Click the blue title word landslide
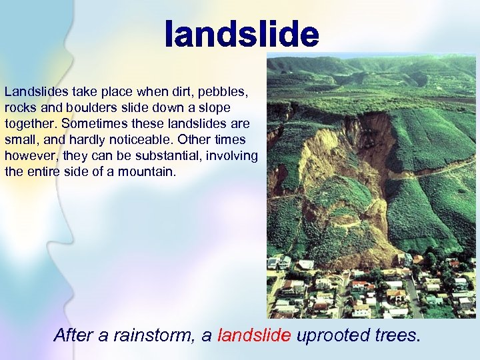click(x=242, y=34)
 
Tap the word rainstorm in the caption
click(x=151, y=335)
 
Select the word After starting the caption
click(x=73, y=335)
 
